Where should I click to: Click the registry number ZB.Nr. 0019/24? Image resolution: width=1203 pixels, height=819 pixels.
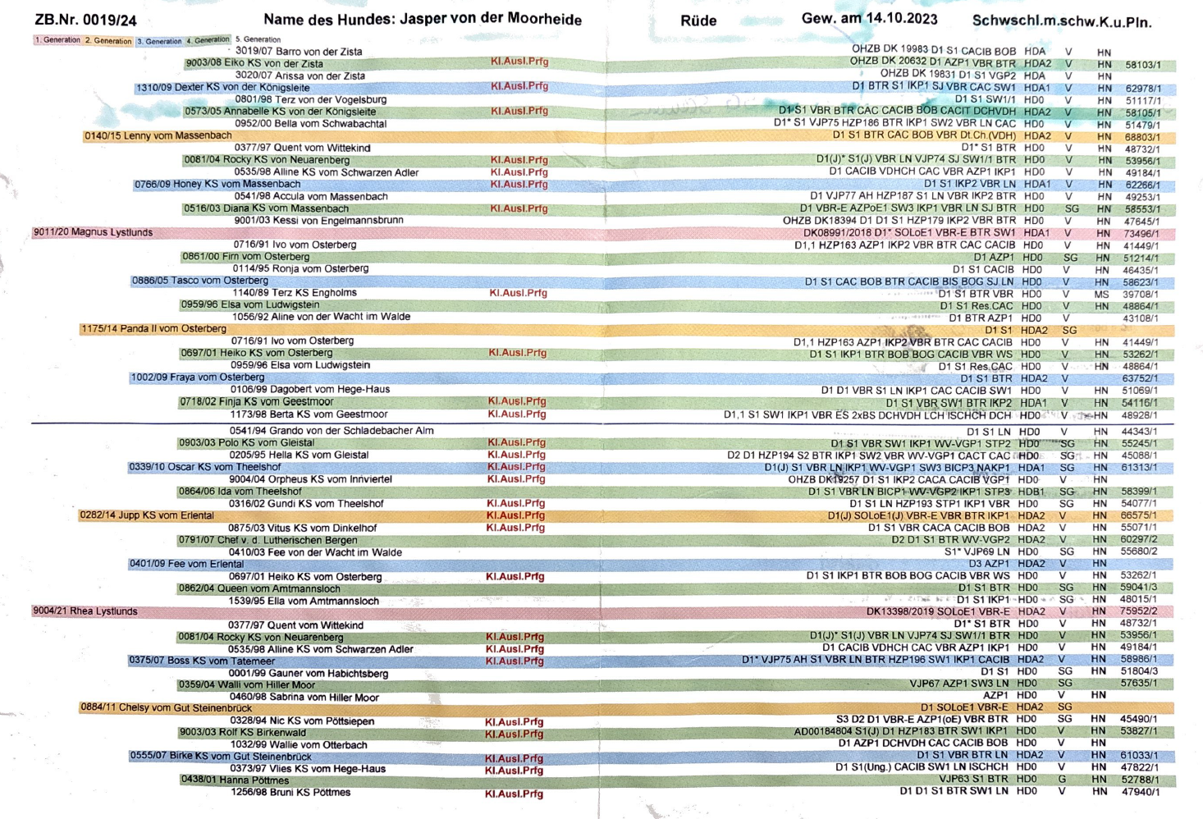85,20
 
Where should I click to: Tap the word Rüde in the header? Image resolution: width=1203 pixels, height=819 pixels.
698,21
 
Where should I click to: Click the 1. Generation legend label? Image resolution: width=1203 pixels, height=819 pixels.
57,39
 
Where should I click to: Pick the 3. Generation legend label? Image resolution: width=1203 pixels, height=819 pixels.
159,41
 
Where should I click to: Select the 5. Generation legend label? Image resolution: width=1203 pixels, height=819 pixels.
258,39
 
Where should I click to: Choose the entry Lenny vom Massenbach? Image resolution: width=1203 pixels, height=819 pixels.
158,135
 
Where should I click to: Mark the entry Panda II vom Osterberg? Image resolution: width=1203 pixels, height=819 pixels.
153,329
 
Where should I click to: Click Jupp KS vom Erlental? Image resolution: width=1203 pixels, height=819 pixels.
146,515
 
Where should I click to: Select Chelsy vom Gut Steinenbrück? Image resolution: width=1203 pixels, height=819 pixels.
166,707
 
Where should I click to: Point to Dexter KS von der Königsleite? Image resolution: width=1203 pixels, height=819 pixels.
222,88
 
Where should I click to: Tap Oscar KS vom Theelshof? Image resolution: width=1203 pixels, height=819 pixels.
204,467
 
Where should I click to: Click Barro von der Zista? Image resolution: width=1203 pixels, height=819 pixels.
299,51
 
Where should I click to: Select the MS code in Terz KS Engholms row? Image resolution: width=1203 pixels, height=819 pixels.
1101,295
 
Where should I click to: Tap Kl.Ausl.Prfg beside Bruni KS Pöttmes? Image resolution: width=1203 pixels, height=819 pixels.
514,794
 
